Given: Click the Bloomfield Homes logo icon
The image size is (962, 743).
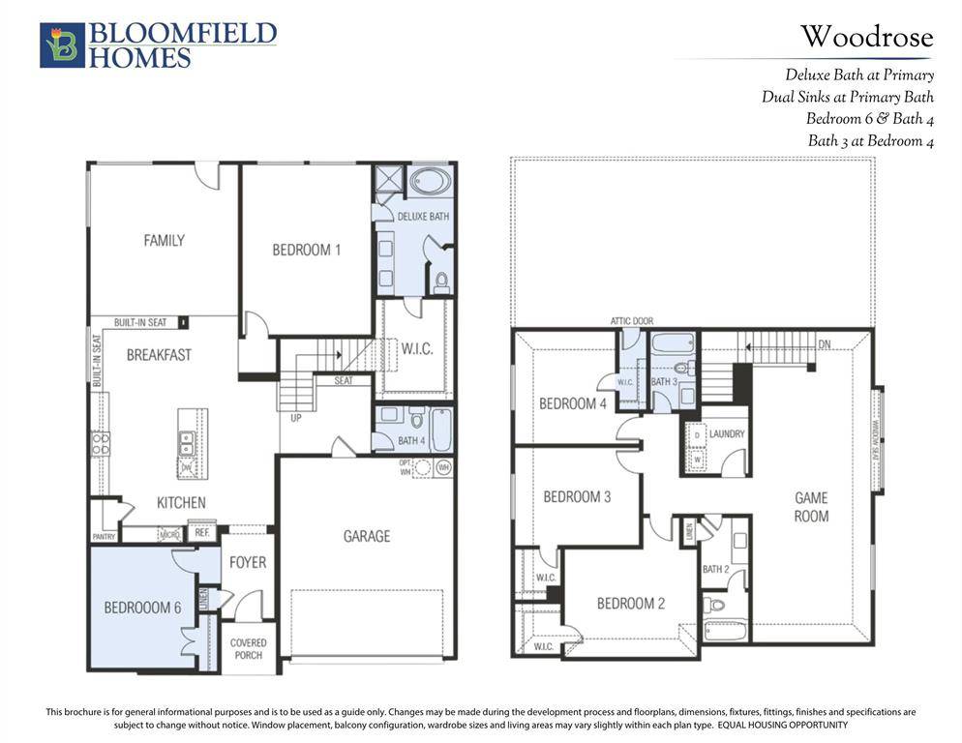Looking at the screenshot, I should (62, 45).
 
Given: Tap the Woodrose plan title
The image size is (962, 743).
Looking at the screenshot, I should (866, 38).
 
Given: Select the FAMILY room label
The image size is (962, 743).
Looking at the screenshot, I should (164, 240).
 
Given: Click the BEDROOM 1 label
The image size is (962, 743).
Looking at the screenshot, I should (306, 250).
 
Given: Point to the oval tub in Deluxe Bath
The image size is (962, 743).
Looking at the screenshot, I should (429, 182).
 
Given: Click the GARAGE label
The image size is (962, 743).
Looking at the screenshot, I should (366, 535).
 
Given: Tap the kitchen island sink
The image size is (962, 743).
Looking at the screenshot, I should (184, 443).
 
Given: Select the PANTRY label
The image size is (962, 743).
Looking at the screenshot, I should (104, 535).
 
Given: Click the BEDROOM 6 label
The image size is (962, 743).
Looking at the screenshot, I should (142, 608).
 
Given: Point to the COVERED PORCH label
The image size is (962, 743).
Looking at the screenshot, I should (248, 648).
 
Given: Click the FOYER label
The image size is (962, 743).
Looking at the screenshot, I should (248, 562).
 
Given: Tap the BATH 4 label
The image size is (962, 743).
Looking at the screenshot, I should (410, 441).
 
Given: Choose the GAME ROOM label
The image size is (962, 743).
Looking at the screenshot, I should (811, 507).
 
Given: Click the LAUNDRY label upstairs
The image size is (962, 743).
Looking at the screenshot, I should (726, 434).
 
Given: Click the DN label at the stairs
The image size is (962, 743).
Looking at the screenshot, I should (824, 343).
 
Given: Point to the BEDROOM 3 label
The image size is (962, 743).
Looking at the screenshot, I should (577, 497).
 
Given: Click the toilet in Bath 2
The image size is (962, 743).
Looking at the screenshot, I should (715, 605).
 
